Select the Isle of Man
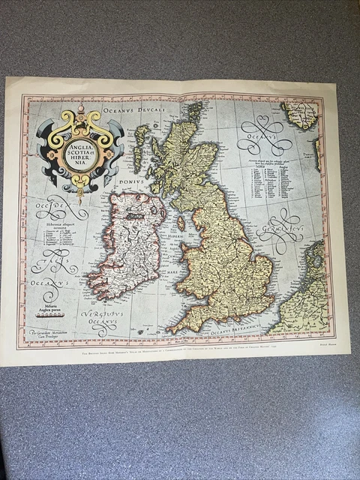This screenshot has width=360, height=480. pyautogui.click(x=180, y=223)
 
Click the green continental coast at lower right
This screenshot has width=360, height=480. pyautogui.click(x=301, y=296)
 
